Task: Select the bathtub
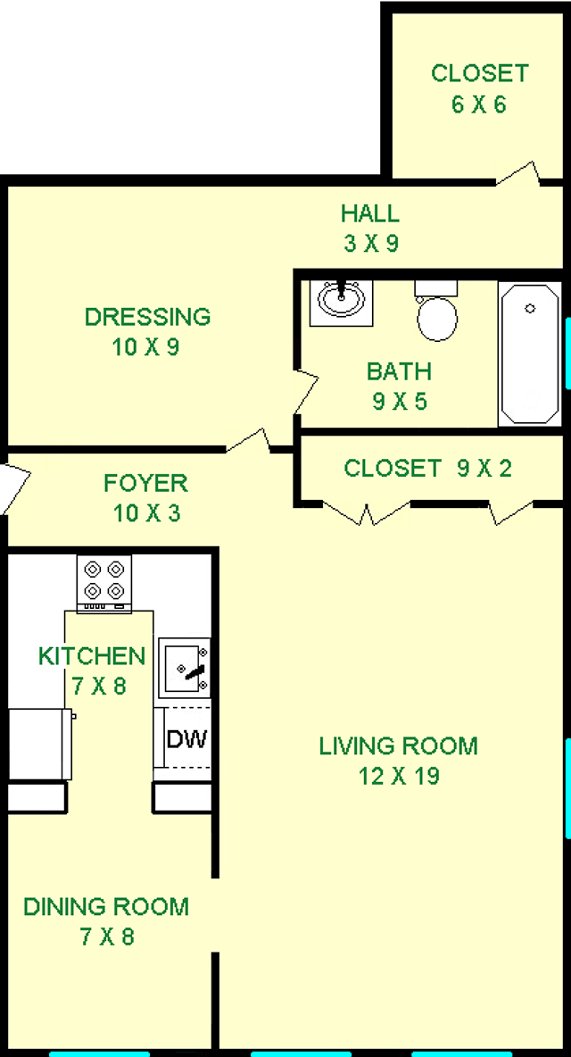coord(529,354)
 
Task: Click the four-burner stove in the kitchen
coord(103,584)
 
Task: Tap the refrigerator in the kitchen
coord(40,745)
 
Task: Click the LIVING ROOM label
coord(399,746)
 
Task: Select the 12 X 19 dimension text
coord(400,777)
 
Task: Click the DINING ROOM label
coord(106,907)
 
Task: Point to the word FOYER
coord(145,483)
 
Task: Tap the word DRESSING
coord(147,316)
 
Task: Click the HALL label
coord(369,213)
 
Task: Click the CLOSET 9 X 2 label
coord(427,468)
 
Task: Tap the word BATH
coord(400,371)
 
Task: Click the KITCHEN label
coord(92,655)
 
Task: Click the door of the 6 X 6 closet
coord(518,175)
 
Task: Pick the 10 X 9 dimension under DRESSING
coord(146,347)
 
